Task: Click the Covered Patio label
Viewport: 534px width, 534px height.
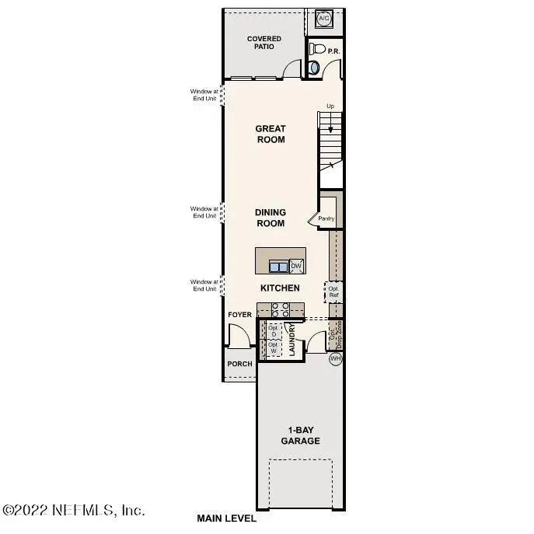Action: point(264,44)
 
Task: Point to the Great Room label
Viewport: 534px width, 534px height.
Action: point(270,134)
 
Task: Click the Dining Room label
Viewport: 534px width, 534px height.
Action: point(270,218)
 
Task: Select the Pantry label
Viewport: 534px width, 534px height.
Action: point(326,218)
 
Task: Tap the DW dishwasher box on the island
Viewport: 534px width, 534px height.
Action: point(296,267)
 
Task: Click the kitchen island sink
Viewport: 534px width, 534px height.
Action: point(278,267)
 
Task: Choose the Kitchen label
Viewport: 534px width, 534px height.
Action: point(280,288)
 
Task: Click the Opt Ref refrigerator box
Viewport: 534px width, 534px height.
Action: point(333,291)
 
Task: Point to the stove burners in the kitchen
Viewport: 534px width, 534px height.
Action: point(281,309)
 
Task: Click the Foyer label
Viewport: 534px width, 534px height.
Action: point(239,315)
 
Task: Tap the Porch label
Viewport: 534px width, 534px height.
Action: point(239,364)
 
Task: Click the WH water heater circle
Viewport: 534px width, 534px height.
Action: point(335,359)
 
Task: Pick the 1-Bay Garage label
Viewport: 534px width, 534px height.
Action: point(300,435)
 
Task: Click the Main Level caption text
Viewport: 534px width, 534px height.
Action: point(226,518)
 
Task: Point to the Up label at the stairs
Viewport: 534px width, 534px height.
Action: point(330,106)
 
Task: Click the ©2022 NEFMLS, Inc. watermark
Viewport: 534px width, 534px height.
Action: point(74,510)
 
